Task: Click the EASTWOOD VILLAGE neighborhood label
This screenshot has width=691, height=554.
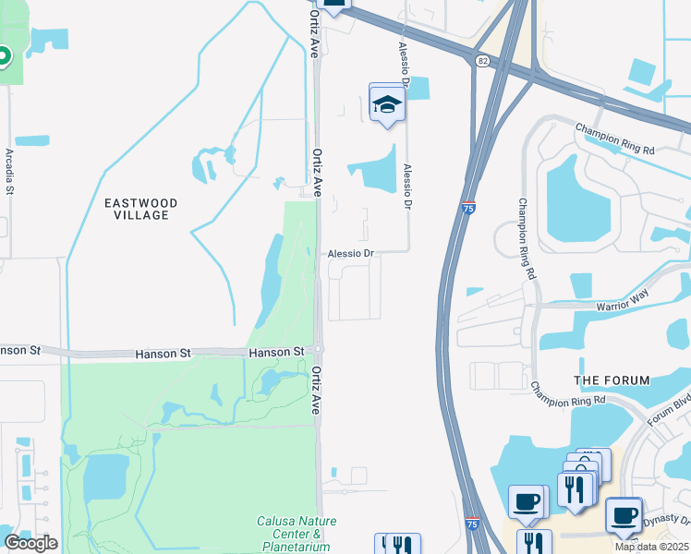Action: [140, 209]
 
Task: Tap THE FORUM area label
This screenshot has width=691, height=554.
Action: [612, 380]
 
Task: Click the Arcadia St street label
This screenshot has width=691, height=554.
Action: [10, 172]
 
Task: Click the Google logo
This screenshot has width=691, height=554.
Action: [30, 543]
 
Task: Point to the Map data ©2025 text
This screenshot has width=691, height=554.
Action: [651, 547]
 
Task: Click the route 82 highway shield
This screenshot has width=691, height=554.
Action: [483, 60]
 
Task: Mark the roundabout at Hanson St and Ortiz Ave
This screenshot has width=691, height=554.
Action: [317, 349]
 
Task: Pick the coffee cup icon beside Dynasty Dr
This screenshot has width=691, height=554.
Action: [624, 514]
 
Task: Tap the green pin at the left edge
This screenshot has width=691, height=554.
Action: [3, 56]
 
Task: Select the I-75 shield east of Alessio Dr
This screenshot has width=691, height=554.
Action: [469, 208]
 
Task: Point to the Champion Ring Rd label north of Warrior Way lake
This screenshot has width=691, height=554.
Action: [615, 138]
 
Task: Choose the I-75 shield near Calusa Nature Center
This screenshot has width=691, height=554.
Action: [472, 523]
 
